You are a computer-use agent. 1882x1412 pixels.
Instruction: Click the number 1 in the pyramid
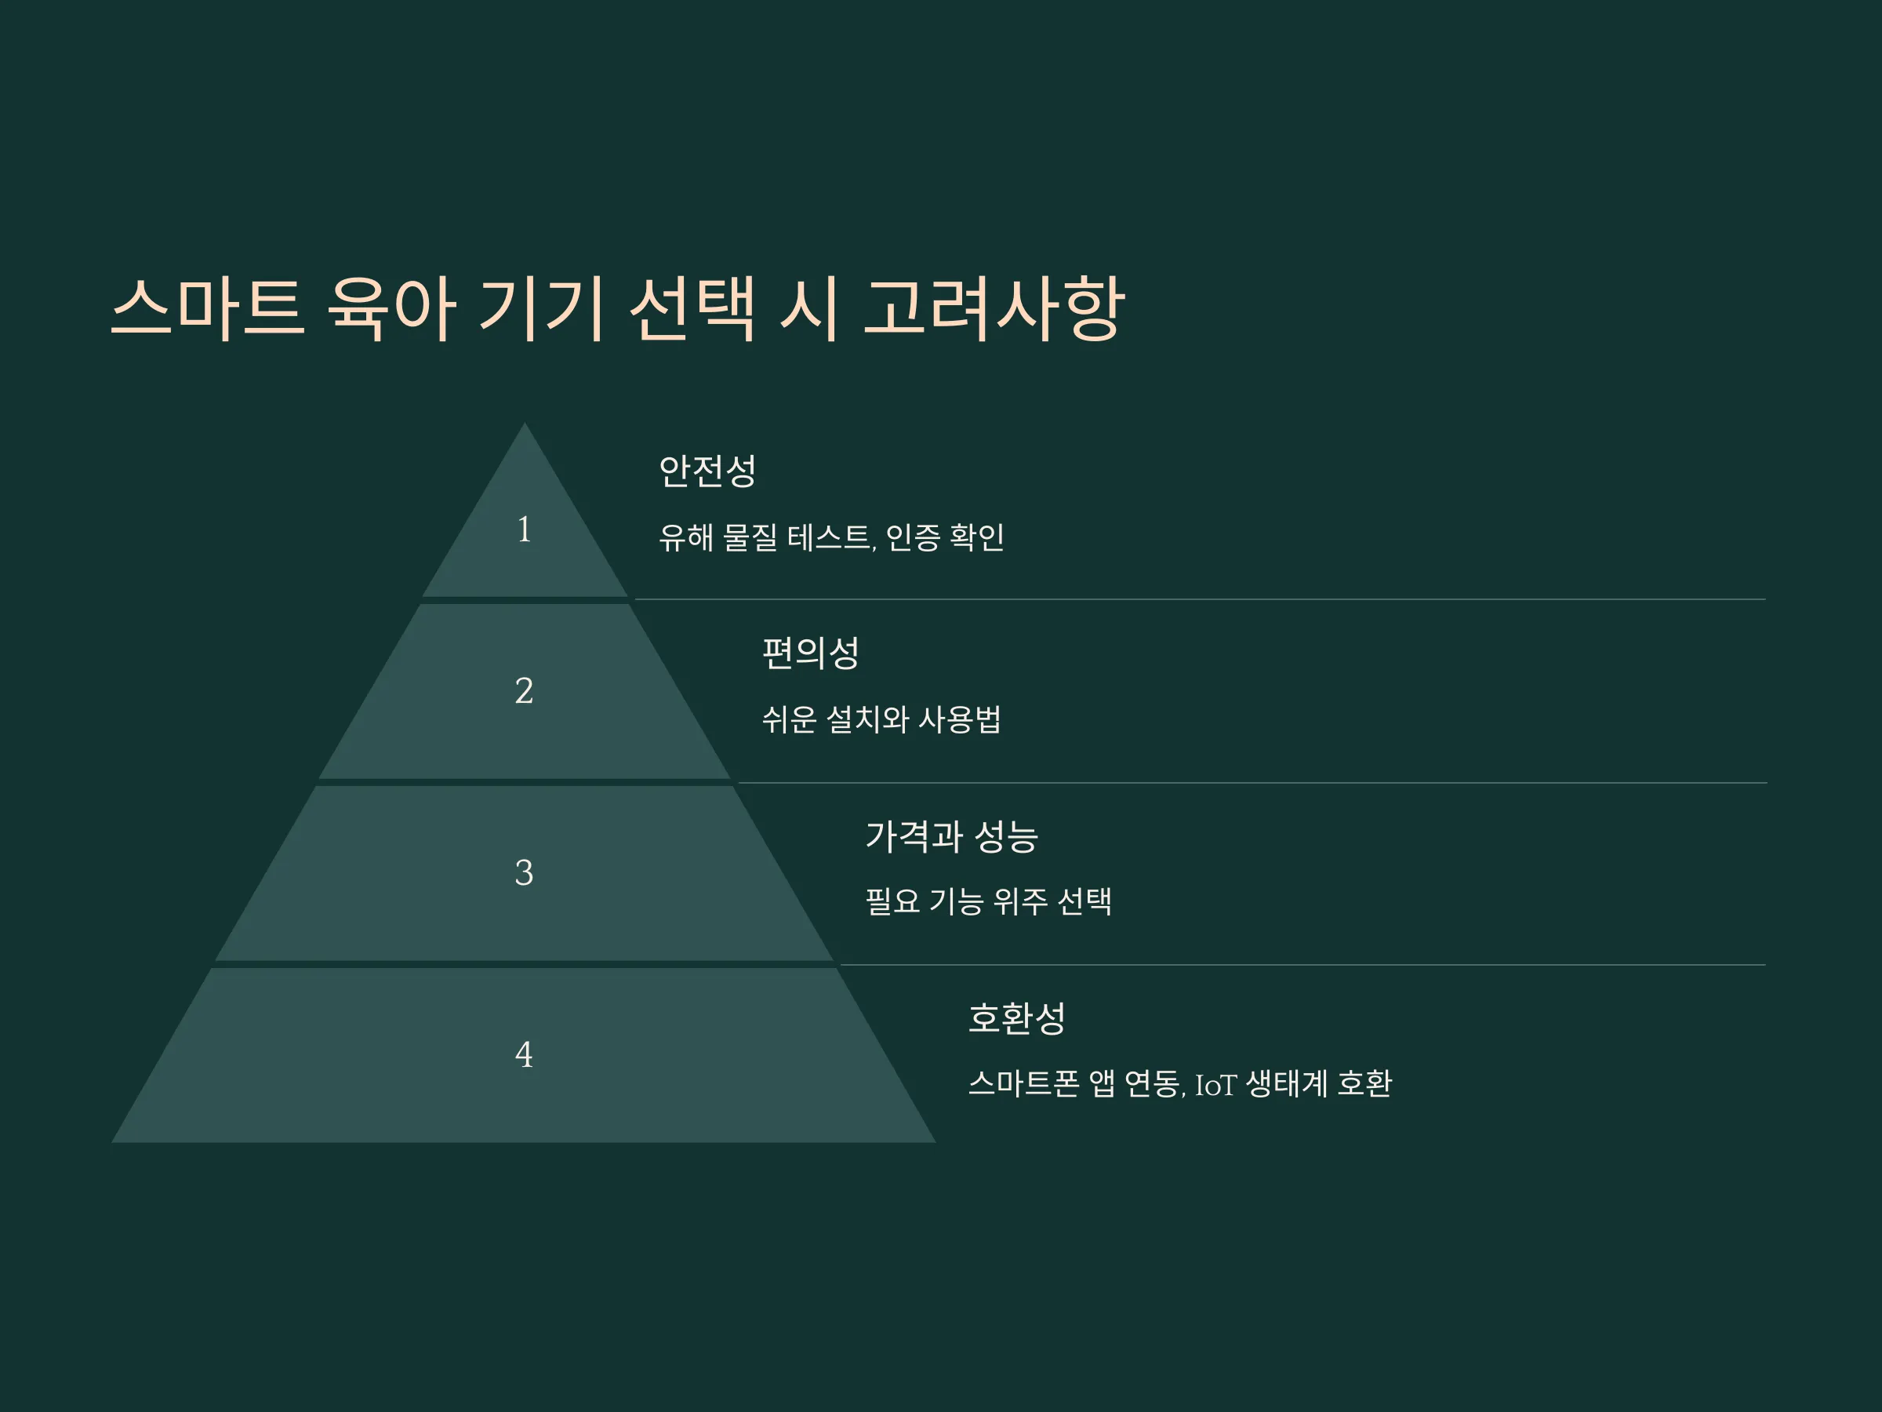coord(524,529)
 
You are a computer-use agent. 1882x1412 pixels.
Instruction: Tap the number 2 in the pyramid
coord(524,690)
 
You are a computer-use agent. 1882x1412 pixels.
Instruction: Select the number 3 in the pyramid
coord(524,872)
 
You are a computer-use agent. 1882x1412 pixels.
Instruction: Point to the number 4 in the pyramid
coord(524,1054)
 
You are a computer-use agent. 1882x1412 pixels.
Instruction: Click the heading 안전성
coord(708,471)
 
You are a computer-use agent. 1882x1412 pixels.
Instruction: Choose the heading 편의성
coord(811,653)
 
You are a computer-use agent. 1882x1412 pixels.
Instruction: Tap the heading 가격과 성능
coord(952,835)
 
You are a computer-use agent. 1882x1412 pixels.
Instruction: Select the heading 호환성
coord(1018,1018)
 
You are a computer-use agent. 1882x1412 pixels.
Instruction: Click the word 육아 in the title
coord(391,308)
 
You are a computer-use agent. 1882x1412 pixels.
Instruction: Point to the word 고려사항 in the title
coord(994,308)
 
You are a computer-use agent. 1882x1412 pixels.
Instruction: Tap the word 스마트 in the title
coord(207,308)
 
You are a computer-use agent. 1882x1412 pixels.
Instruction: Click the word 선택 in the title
coord(692,308)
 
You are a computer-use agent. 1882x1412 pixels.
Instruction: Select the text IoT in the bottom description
coord(1215,1085)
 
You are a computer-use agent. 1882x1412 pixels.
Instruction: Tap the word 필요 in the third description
coord(892,901)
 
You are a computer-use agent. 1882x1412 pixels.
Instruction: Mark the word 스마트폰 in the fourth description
coord(1024,1084)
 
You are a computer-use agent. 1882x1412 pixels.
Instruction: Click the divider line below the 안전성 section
coord(1201,599)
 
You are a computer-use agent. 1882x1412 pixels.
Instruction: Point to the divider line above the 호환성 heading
coord(1303,964)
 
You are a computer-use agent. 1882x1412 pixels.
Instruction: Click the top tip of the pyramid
coord(524,423)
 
